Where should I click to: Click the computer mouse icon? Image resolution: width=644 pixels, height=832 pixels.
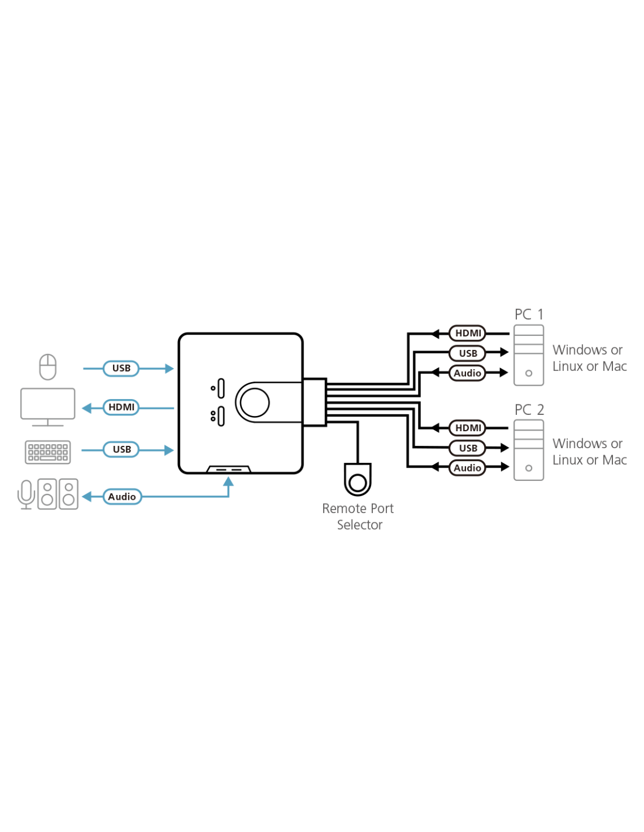tap(48, 367)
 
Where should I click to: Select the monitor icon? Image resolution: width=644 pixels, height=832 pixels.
tap(48, 405)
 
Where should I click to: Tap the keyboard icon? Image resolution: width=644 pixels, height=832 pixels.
tap(48, 452)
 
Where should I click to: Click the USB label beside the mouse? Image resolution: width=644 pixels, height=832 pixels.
tap(121, 368)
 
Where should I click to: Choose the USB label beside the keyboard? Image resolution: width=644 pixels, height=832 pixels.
tap(122, 449)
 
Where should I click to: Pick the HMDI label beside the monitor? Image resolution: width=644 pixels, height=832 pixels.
tap(121, 407)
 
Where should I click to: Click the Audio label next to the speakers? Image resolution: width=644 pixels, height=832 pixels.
tap(122, 497)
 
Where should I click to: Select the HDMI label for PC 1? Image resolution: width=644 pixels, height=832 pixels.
tap(468, 333)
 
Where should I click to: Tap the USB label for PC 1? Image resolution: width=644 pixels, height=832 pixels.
tap(468, 353)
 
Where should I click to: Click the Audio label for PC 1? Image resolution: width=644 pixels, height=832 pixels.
tap(467, 373)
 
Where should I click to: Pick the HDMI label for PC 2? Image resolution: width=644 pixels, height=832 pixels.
tap(468, 428)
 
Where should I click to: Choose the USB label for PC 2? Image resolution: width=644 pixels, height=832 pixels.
tap(468, 448)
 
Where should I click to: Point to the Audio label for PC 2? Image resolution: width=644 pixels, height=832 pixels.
tap(467, 468)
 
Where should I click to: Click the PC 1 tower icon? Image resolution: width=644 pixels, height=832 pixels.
tap(529, 355)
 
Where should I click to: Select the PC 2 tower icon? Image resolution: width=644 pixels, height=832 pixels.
tap(529, 450)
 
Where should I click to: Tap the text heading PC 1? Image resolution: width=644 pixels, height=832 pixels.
tap(529, 315)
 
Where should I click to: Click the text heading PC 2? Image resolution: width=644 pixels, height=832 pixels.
tap(529, 410)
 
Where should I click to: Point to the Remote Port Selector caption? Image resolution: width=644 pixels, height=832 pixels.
tap(358, 516)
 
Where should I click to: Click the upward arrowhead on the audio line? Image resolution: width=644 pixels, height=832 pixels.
tap(229, 482)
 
